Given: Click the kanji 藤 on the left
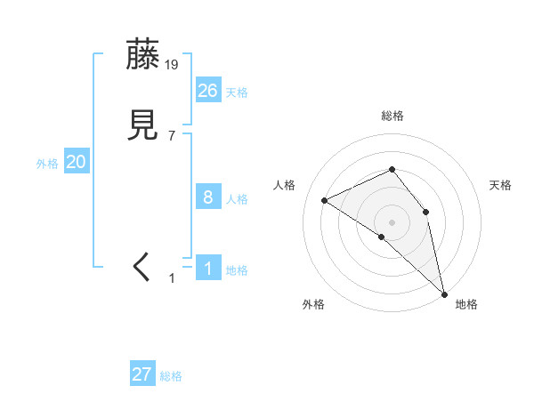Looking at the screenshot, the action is (x=142, y=55).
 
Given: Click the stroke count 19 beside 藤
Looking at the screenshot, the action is (x=172, y=64).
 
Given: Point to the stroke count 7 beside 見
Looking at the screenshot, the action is (x=172, y=135).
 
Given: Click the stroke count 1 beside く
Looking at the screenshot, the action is (x=172, y=278).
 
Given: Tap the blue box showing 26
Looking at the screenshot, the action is (x=208, y=90).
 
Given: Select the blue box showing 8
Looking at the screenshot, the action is (x=208, y=197).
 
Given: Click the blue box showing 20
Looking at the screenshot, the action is (x=77, y=162).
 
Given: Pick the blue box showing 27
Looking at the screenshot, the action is (x=142, y=374).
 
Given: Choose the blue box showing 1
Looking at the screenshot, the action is (x=208, y=268).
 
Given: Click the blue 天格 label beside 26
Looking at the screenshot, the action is (x=237, y=92).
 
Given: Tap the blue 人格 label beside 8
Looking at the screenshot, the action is (x=237, y=199).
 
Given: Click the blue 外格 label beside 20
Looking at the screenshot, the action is (x=47, y=164).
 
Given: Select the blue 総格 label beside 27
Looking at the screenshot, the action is (x=171, y=377).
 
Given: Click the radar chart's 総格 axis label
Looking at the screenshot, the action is (x=392, y=116).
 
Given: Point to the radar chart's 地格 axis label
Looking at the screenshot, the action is (x=466, y=305).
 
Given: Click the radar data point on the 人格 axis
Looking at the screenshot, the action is (x=324, y=200).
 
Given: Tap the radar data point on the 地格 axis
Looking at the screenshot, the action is (x=444, y=293).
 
